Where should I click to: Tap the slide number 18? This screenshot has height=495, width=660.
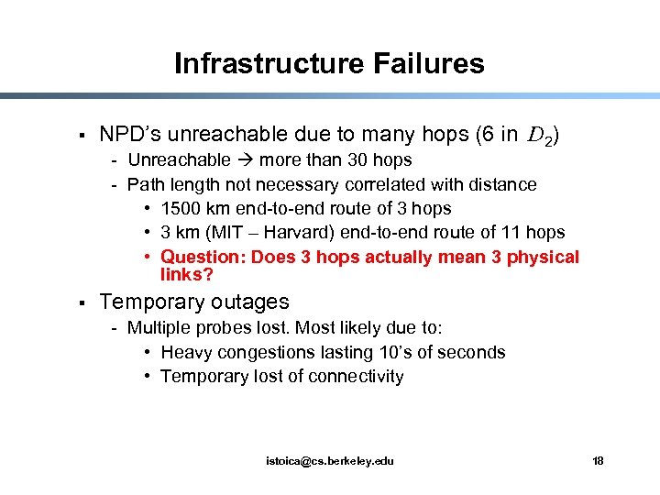tap(598, 460)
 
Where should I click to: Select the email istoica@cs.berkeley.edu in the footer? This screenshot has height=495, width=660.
tap(330, 460)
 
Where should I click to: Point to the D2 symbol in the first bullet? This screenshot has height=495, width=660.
tap(541, 137)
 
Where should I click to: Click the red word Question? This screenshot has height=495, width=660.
tap(202, 257)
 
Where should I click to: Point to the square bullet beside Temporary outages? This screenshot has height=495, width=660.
tap(82, 302)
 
